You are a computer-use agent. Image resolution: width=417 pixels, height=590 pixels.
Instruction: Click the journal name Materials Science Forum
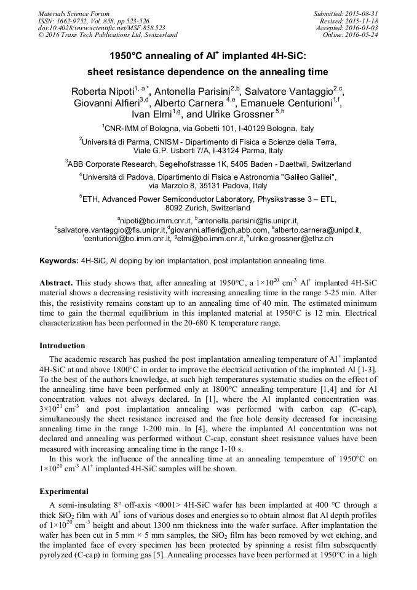click(x=74, y=13)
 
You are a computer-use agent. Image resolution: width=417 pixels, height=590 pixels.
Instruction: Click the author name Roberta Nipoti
click(x=103, y=92)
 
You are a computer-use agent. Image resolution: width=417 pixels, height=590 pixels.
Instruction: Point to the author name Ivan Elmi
click(x=154, y=114)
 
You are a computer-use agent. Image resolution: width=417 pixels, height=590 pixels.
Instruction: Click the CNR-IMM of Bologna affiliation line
click(x=208, y=129)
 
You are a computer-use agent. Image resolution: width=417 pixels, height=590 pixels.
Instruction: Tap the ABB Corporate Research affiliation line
click(x=208, y=164)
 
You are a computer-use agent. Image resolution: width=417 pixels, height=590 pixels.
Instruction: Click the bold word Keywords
click(x=59, y=261)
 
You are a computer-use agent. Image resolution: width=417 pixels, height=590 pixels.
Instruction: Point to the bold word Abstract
click(x=56, y=282)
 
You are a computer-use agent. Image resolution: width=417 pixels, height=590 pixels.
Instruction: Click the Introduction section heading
click(x=62, y=346)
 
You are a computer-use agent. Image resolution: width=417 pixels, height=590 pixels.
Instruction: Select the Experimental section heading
click(x=64, y=492)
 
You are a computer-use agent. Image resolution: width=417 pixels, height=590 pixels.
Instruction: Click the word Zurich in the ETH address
click(x=193, y=209)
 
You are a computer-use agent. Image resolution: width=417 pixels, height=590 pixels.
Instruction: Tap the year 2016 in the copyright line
click(x=54, y=35)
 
